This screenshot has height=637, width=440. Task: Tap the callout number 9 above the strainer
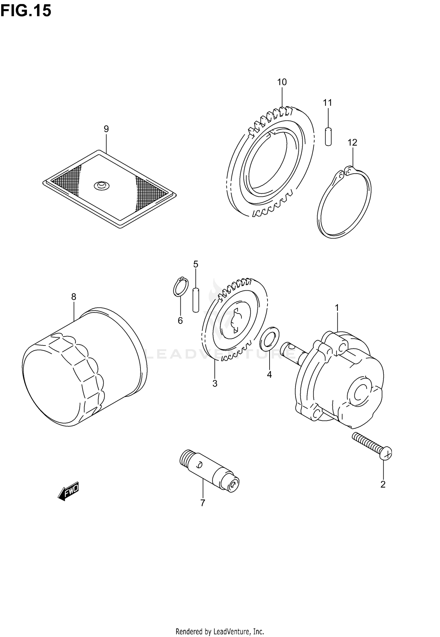[x=106, y=129]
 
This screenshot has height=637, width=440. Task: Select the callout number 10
[x=282, y=82]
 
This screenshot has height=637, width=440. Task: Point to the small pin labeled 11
[x=328, y=136]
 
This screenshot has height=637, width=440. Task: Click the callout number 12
[x=352, y=143]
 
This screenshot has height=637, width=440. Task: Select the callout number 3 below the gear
[x=215, y=383]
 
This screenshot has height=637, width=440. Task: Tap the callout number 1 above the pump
[x=337, y=308]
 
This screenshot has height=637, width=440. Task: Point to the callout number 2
[x=383, y=484]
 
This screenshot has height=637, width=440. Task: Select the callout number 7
[x=202, y=503]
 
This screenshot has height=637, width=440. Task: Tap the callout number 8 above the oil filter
[x=74, y=297]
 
